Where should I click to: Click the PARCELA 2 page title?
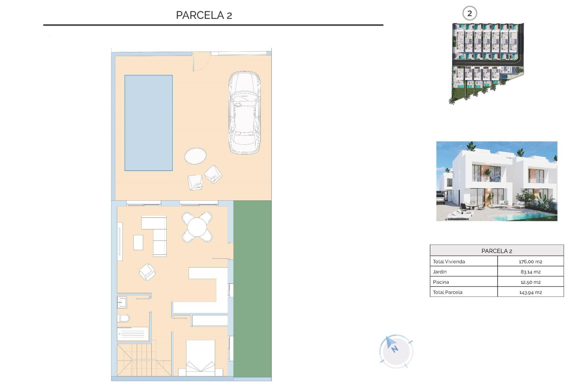coord(204,15)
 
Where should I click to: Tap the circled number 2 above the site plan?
coord(469,13)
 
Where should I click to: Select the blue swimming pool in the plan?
coord(148,122)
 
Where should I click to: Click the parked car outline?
coord(244,112)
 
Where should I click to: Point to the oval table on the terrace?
coord(195,156)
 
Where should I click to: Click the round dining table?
coord(197,227)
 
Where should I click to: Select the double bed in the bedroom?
coord(201,358)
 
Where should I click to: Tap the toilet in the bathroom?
coord(123,318)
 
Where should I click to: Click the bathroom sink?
coord(122,302)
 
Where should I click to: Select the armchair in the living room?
coord(147,272)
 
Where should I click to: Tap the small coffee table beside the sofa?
coord(138,242)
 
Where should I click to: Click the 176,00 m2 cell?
coord(530,261)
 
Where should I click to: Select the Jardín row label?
coord(440,272)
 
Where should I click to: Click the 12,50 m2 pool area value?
coord(530,282)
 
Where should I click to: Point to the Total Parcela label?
coord(447,292)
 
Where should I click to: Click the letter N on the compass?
coord(395,349)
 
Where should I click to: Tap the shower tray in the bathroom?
coord(133,334)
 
